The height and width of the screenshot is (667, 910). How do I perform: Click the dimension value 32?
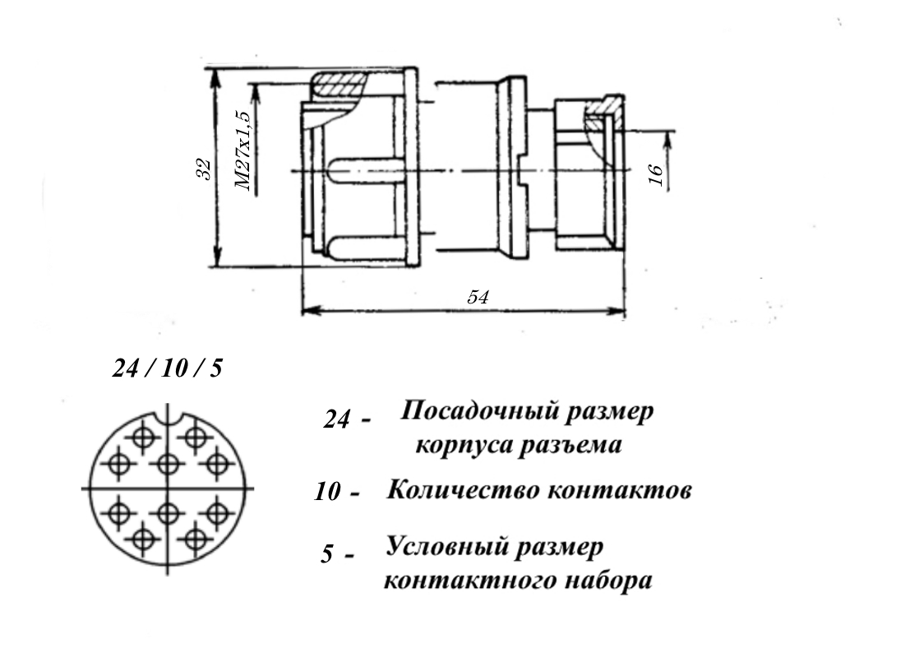click(204, 169)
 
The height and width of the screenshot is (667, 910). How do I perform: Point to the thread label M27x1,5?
click(244, 151)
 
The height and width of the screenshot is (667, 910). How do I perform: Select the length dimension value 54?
click(478, 297)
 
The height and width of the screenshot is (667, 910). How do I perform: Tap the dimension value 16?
click(655, 174)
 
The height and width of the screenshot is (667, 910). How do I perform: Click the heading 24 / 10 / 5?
click(167, 368)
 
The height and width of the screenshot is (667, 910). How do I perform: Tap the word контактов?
click(620, 490)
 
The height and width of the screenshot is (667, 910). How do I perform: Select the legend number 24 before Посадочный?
click(336, 419)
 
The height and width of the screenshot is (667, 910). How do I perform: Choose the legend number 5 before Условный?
click(327, 554)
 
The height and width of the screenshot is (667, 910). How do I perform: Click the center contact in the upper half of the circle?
click(167, 464)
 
